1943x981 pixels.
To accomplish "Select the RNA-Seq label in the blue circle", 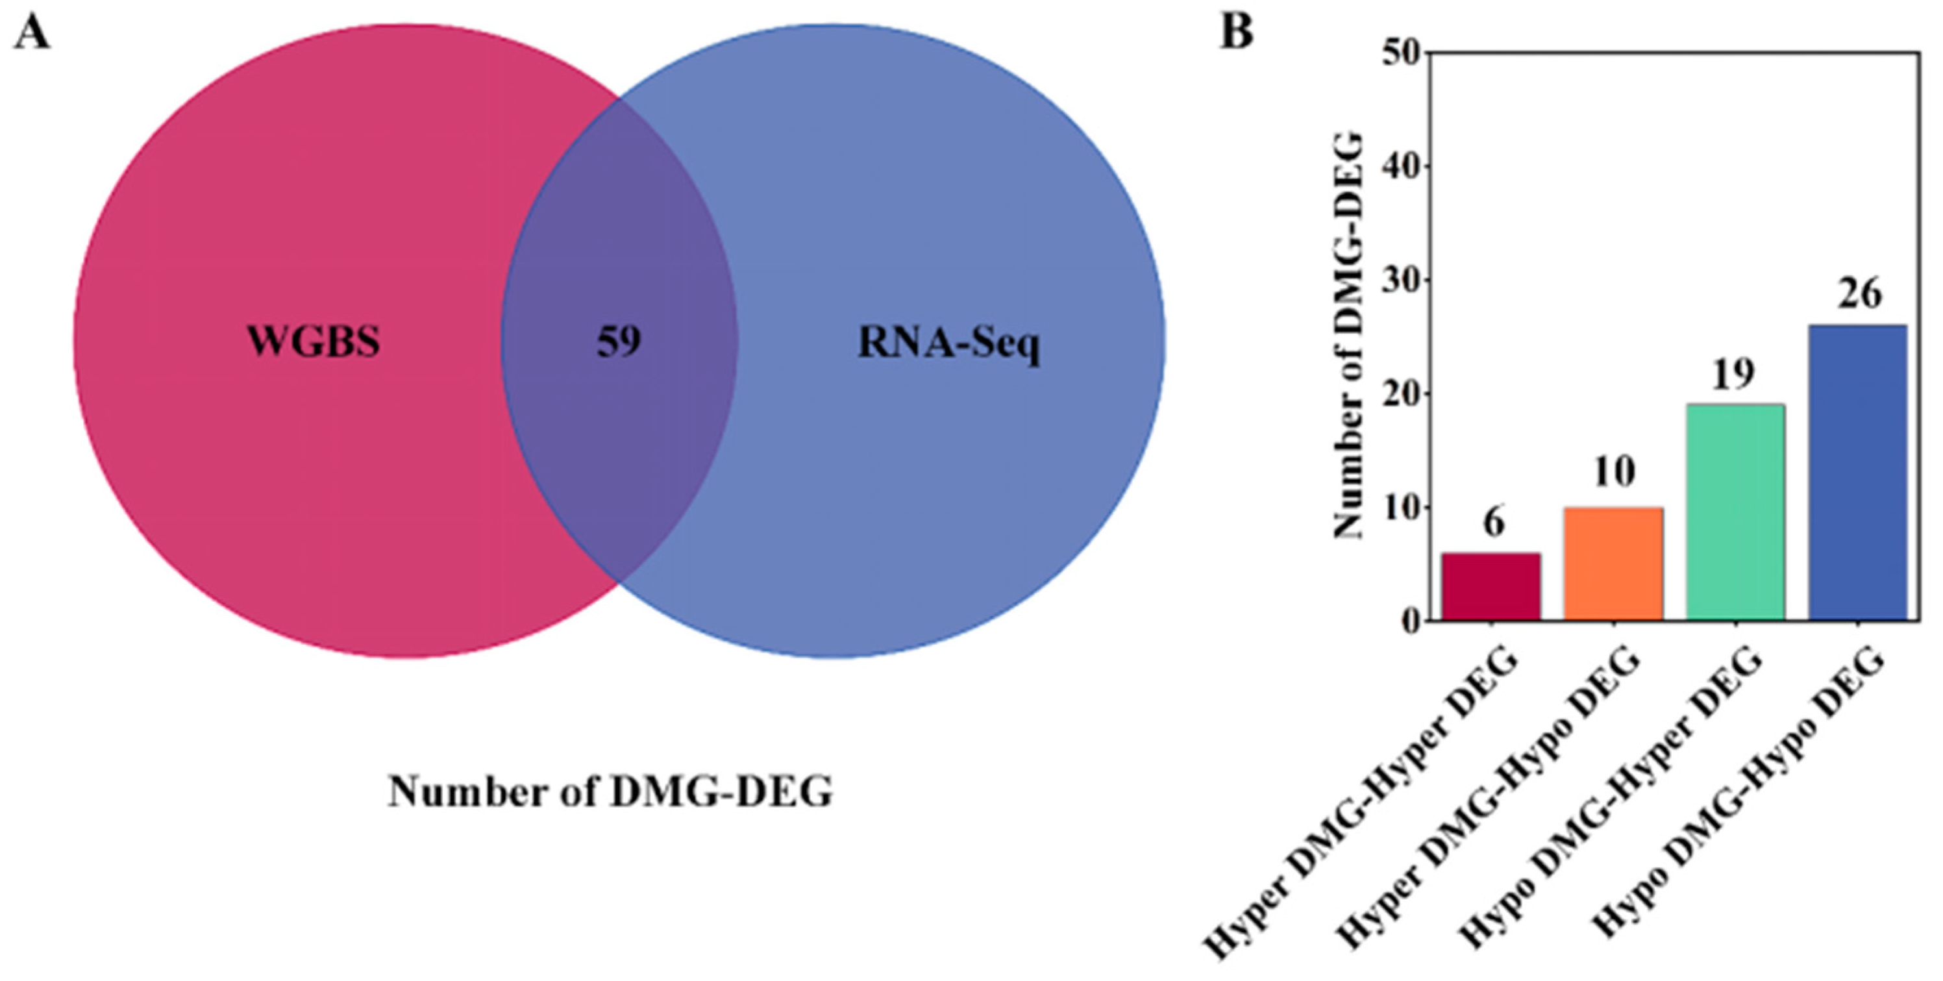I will point(949,345).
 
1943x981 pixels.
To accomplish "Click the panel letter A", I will point(32,34).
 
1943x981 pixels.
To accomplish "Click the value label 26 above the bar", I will point(1859,295).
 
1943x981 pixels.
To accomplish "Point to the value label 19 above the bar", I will point(1733,375).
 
